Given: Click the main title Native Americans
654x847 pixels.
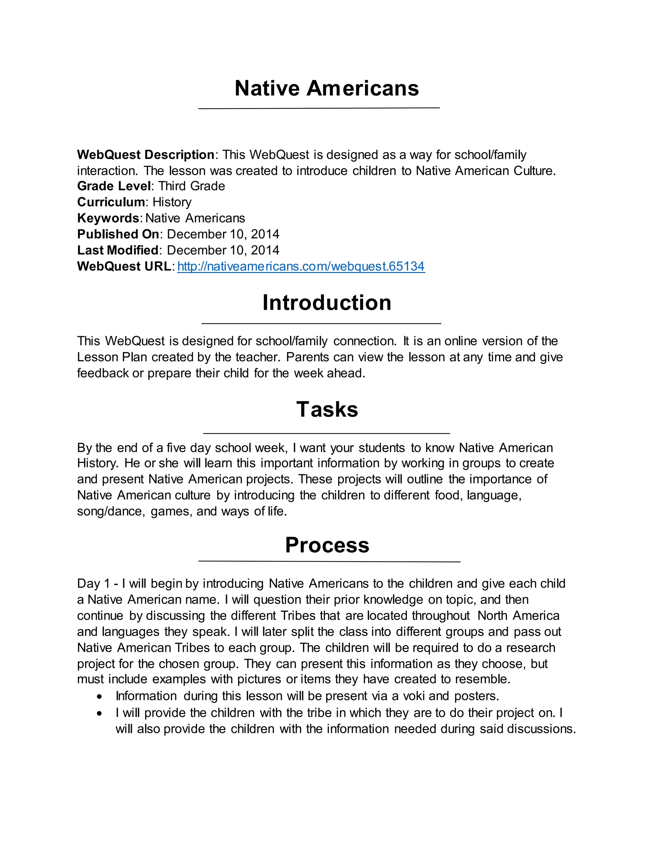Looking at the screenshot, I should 327,89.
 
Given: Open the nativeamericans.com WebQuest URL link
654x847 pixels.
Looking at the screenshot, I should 301,267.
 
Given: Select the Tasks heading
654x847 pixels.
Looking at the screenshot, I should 327,409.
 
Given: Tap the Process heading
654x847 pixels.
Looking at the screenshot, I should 327,545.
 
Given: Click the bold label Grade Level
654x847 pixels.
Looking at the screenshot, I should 113,186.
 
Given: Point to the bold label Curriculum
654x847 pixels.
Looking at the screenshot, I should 111,202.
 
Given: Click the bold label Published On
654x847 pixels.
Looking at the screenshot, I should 118,234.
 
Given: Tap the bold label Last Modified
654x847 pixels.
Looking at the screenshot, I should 118,250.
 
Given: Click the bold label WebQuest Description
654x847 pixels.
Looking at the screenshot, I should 146,155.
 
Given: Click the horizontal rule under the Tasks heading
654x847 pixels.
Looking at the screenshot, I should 327,433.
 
